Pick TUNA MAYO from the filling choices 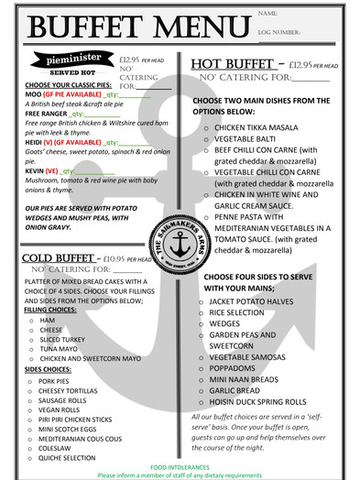60,348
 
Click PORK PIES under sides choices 56,380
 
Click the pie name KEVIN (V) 42,170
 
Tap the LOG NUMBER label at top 279,31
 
